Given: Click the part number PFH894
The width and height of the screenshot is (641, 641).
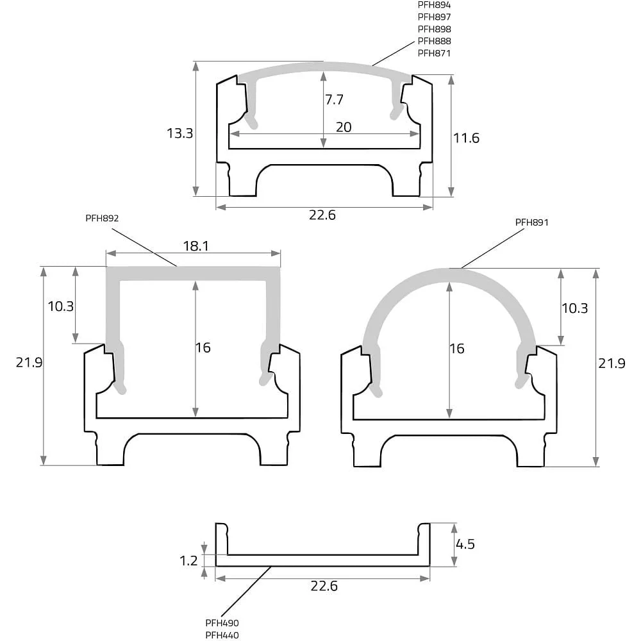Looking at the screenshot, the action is (434, 5).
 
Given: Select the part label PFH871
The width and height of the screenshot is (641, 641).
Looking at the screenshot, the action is (434, 53).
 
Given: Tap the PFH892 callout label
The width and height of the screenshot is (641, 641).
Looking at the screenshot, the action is (102, 219).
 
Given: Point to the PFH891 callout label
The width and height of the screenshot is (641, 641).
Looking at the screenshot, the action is (531, 222).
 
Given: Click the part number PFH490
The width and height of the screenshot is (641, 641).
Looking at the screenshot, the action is (222, 623).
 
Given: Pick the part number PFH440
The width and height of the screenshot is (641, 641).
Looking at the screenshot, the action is (222, 635).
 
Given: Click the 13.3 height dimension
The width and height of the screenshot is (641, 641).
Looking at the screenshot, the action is (179, 133).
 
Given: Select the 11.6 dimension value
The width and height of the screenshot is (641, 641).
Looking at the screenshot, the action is (466, 138).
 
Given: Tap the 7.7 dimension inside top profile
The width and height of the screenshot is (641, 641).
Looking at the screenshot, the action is (334, 99).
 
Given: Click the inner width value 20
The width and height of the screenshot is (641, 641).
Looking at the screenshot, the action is (344, 127).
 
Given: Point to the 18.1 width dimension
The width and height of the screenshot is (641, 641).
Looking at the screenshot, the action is (196, 246).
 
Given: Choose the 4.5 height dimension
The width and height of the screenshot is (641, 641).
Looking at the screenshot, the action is (465, 544).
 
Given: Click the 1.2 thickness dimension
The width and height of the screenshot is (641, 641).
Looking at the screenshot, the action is (188, 560).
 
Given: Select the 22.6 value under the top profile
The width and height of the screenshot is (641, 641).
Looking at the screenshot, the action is (322, 215).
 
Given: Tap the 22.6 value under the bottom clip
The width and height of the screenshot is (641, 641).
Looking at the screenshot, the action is (324, 587).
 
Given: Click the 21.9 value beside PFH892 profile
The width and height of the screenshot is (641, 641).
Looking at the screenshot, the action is (29, 363).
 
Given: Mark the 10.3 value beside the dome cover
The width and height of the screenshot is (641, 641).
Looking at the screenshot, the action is (574, 308).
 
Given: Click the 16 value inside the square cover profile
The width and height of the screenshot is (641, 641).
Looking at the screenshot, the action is (203, 348).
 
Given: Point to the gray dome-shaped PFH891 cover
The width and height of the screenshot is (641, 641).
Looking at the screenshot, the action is (449, 276).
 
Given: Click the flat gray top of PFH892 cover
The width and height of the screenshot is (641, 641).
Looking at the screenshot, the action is (193, 274).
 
